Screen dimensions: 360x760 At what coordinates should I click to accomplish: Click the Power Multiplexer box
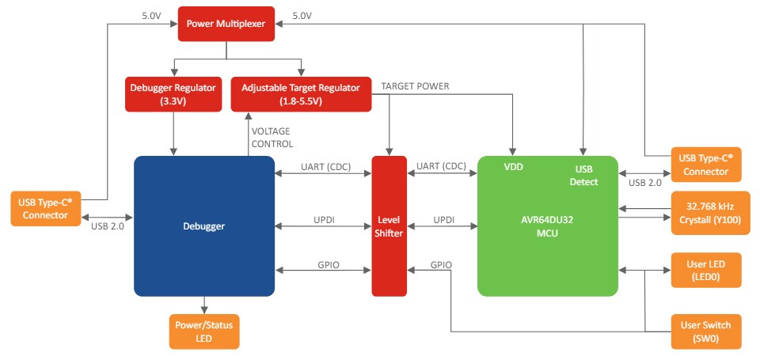(x=226, y=23)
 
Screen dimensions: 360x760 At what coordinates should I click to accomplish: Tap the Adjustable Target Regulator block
(x=302, y=94)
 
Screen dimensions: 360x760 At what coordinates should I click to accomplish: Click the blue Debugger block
(x=203, y=226)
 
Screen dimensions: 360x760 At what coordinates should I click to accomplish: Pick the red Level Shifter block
(x=389, y=226)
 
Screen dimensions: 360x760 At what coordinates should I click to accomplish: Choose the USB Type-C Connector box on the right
(x=705, y=165)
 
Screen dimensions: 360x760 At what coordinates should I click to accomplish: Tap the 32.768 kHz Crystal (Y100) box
(x=705, y=214)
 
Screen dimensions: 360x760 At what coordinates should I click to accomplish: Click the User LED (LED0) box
(x=705, y=271)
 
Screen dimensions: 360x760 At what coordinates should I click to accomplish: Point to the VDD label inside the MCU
(x=514, y=168)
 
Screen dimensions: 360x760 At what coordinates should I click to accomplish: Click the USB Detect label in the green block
(x=584, y=175)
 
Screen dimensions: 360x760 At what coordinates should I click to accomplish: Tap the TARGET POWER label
(x=415, y=85)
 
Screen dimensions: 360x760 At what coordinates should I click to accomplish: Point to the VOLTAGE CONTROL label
(x=272, y=138)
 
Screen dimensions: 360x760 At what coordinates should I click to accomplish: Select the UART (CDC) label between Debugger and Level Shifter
(x=325, y=167)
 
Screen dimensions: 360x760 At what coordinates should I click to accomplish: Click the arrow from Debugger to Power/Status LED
(x=204, y=305)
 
